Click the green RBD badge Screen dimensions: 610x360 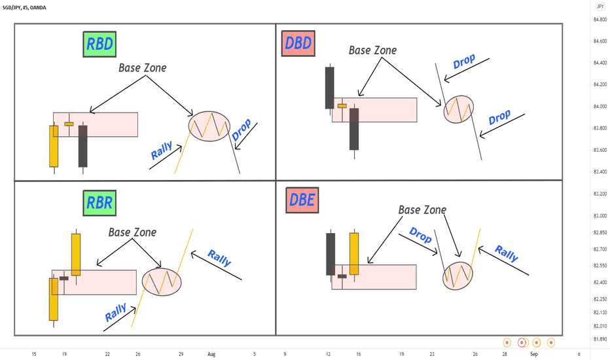(x=99, y=44)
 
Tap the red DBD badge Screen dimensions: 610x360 (x=298, y=43)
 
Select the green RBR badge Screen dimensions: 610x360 (x=99, y=203)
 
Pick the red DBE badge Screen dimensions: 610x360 (x=302, y=200)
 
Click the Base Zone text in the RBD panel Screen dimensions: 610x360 (x=143, y=67)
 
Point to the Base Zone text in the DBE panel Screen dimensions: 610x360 (x=422, y=209)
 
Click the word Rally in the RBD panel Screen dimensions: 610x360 (x=162, y=151)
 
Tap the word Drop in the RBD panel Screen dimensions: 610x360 (x=242, y=130)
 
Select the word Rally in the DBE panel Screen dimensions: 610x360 (x=506, y=253)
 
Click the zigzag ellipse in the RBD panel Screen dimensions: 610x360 (x=209, y=126)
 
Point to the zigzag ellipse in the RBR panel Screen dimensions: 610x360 (x=162, y=281)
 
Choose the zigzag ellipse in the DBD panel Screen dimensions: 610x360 (x=459, y=109)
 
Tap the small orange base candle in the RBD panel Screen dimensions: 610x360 (x=69, y=124)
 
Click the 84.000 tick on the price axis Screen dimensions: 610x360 (x=600, y=107)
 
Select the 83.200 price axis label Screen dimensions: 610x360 (x=600, y=194)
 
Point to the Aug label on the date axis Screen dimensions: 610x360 (x=211, y=354)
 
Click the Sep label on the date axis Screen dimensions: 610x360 (x=534, y=354)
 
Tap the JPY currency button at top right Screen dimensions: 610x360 (x=600, y=7)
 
